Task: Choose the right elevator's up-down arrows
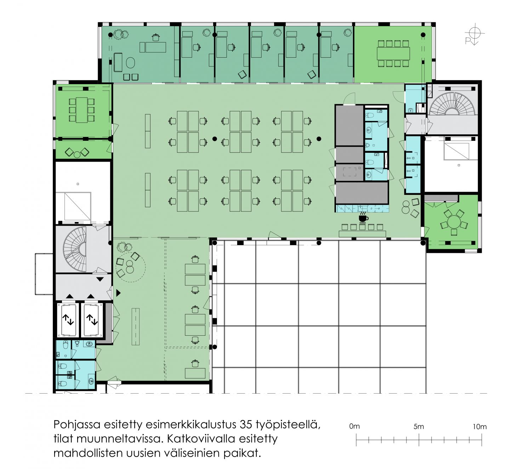92,320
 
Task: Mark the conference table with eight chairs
393,53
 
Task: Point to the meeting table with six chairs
82,110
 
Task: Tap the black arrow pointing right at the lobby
119,293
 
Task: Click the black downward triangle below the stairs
100,279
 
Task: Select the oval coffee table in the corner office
131,63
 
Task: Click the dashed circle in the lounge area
131,267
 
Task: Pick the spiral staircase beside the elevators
75,249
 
